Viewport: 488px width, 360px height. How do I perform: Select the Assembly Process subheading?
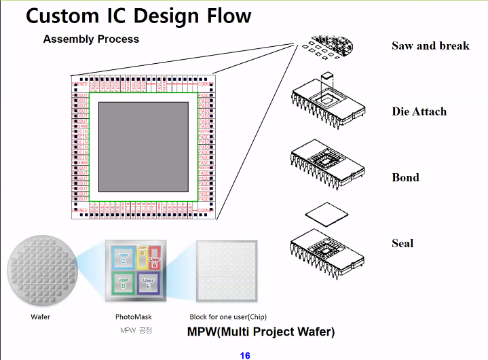(x=91, y=39)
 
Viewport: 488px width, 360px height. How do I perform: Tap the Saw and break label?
(x=430, y=46)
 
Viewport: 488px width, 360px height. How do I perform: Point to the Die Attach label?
(x=419, y=111)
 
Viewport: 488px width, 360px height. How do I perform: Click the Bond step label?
(x=405, y=177)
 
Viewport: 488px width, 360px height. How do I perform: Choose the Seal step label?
(x=402, y=243)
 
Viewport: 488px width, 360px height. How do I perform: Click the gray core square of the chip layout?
(x=143, y=145)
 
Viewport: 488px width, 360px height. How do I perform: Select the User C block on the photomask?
(x=124, y=258)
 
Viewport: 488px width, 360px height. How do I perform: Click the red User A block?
(x=155, y=259)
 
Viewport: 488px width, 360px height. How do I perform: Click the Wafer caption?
(x=41, y=317)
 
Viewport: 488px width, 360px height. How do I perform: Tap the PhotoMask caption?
(x=134, y=317)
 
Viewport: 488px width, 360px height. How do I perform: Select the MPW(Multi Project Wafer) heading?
(x=261, y=332)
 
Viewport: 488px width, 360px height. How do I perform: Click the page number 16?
(x=245, y=355)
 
